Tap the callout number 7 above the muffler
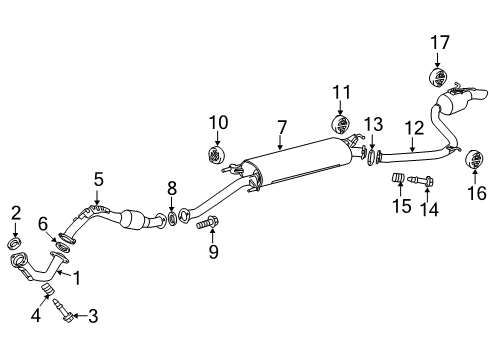[283, 127]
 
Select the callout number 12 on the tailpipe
[414, 127]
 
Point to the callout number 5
[98, 180]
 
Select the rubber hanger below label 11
[340, 127]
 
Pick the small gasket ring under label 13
[372, 155]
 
